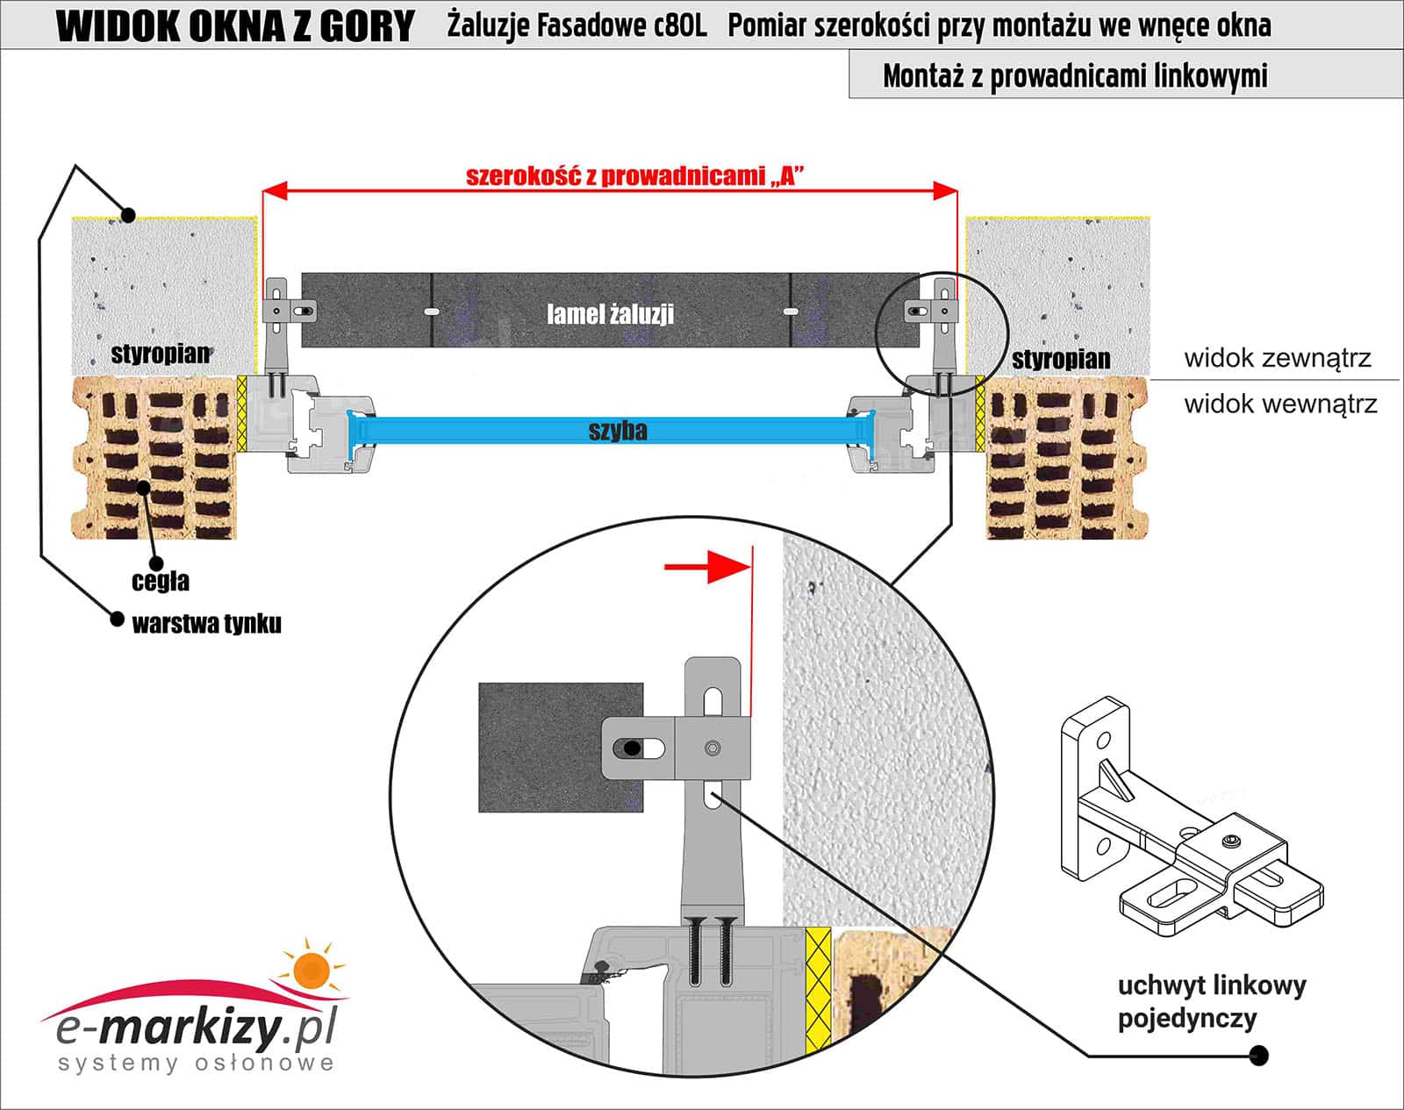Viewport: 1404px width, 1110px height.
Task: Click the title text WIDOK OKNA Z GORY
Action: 234,26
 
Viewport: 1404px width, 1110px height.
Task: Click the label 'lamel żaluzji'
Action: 610,313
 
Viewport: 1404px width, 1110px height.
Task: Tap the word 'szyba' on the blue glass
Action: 618,430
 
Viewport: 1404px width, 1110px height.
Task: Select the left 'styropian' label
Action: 160,354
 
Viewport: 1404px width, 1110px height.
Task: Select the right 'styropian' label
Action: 1060,359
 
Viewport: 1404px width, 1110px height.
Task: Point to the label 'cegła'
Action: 161,581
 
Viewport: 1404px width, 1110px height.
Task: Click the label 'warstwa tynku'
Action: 206,624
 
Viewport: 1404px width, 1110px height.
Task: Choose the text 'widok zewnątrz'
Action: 1277,358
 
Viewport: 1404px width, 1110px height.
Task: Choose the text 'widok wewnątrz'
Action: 1280,405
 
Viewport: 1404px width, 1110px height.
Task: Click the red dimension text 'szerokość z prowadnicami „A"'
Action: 634,175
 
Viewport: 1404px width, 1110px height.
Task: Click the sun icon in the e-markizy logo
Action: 311,969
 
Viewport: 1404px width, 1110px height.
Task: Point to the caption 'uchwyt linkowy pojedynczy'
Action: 1211,1001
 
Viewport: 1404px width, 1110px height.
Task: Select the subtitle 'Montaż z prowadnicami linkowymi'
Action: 1075,76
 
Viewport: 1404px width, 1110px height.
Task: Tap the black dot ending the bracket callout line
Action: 1259,1055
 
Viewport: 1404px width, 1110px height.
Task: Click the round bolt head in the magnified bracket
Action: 713,748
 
